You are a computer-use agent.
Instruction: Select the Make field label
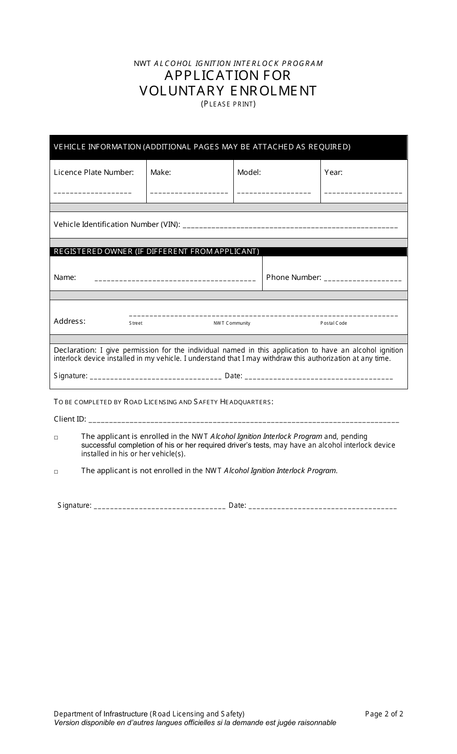pyautogui.click(x=161, y=172)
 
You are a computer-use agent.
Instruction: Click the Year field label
pyautogui.click(x=333, y=172)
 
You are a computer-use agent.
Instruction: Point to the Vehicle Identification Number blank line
pyautogui.click(x=291, y=227)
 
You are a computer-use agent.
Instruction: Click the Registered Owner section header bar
pyautogui.click(x=228, y=251)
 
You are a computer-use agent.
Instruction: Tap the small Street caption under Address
pyautogui.click(x=136, y=323)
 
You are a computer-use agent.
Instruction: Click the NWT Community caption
pyautogui.click(x=232, y=323)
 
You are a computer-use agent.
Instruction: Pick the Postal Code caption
pyautogui.click(x=334, y=323)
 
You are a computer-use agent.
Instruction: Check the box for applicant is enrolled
pyautogui.click(x=56, y=438)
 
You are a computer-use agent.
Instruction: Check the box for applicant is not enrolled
pyautogui.click(x=56, y=472)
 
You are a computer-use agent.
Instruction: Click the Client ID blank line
pyautogui.click(x=244, y=422)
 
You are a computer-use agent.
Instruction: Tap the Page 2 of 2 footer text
pyautogui.click(x=384, y=714)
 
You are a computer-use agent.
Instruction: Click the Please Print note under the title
pyautogui.click(x=228, y=104)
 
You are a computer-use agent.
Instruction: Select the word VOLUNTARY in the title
pyautogui.click(x=182, y=91)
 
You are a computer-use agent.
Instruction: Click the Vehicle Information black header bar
pyautogui.click(x=228, y=147)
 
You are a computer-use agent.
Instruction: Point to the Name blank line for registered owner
pyautogui.click(x=175, y=280)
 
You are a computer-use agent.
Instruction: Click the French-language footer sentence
pyautogui.click(x=195, y=723)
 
